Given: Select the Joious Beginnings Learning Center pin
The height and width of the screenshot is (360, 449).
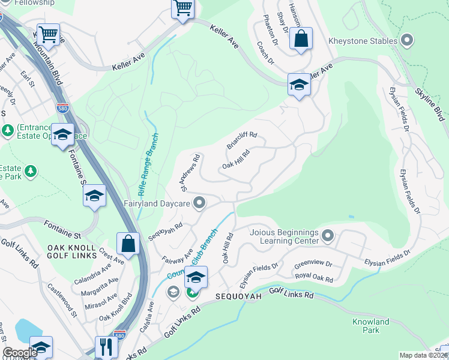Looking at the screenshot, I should [x=327, y=235].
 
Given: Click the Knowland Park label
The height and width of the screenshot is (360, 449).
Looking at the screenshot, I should [x=371, y=326].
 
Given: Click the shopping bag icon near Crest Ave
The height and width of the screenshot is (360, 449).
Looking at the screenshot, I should [x=128, y=243].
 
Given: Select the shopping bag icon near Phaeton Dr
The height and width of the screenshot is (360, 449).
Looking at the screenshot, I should [x=301, y=38].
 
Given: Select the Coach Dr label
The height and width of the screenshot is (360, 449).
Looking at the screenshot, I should [x=265, y=53].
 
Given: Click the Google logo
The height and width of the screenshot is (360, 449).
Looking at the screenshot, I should [x=20, y=353].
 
